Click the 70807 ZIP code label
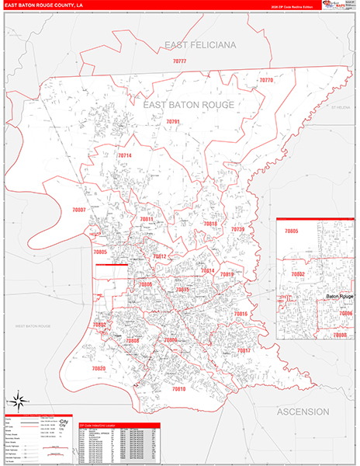click(x=78, y=210)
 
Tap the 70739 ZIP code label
click(x=237, y=230)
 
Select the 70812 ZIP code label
click(x=159, y=256)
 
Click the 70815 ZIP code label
click(x=182, y=290)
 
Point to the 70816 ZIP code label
click(x=241, y=314)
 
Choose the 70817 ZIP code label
click(x=244, y=351)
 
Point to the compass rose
click(x=17, y=402)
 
